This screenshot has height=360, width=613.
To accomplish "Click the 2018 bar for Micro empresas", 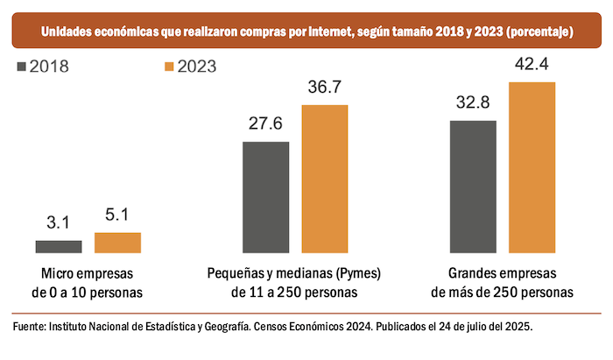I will tap(59, 247).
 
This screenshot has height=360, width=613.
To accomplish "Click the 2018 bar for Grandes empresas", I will tap(473, 187).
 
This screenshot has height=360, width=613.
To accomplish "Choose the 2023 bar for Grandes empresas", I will tap(532, 167).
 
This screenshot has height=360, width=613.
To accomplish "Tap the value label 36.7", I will tap(325, 88).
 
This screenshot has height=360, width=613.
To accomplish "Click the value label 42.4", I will tap(532, 65).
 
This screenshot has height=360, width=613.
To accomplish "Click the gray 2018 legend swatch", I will tap(22, 66).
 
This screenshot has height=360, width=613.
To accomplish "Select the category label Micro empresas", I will tap(88, 272).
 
